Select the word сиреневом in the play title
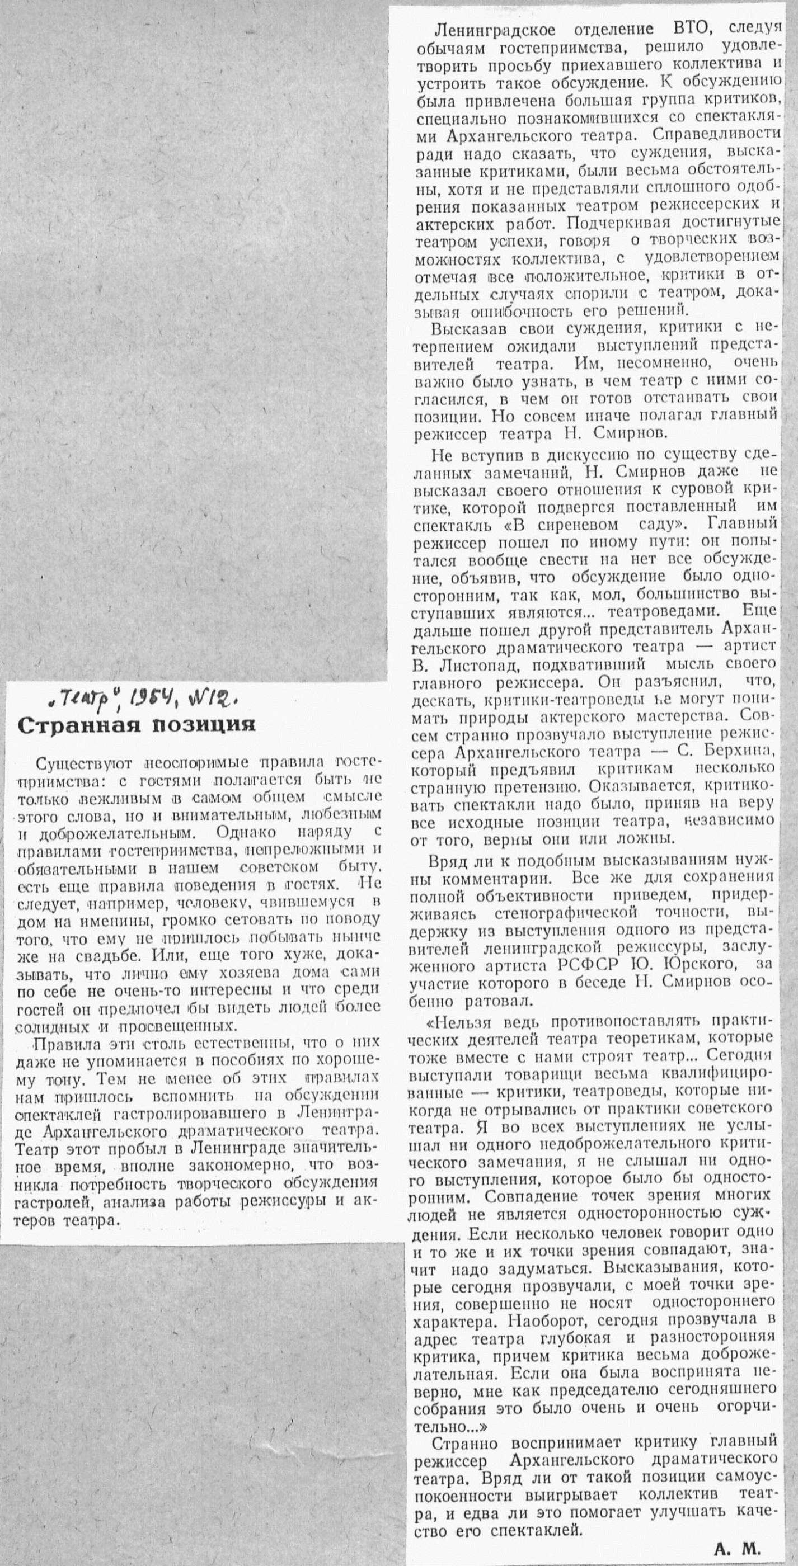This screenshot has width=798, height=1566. tap(567, 524)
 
